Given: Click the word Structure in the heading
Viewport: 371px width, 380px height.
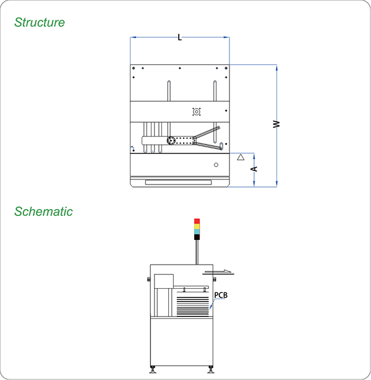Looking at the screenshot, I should pyautogui.click(x=40, y=23).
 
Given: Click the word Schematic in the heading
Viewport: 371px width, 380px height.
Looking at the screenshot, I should pyautogui.click(x=43, y=212).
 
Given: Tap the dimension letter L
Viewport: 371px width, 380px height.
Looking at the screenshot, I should pyautogui.click(x=180, y=38).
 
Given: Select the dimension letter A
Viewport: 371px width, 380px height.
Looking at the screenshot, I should pyautogui.click(x=254, y=168).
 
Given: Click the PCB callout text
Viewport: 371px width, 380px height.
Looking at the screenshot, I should pyautogui.click(x=221, y=295).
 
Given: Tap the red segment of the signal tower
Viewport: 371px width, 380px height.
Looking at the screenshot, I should pyautogui.click(x=197, y=221).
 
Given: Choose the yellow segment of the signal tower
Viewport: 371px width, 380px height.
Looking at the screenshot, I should pyautogui.click(x=197, y=226).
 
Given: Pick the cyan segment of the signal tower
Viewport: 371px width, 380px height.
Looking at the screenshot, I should pyautogui.click(x=197, y=231).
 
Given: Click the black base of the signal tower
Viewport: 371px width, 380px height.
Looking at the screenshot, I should pyautogui.click(x=197, y=237).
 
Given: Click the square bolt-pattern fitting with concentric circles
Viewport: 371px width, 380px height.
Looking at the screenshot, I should pyautogui.click(x=197, y=112).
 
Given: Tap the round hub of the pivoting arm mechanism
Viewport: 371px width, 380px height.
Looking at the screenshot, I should pyautogui.click(x=171, y=141).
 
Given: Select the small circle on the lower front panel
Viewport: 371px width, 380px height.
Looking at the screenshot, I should pyautogui.click(x=216, y=165).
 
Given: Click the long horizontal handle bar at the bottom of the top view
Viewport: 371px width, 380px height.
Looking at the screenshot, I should pyautogui.click(x=180, y=183).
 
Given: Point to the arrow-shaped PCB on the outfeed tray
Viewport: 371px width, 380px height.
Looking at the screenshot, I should pyautogui.click(x=220, y=271).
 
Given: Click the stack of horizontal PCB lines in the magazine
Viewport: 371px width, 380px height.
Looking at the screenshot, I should pyautogui.click(x=192, y=305).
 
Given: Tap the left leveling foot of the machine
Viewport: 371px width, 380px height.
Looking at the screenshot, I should pyautogui.click(x=153, y=370).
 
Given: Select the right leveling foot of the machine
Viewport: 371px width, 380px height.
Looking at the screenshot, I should pyautogui.click(x=211, y=370).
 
